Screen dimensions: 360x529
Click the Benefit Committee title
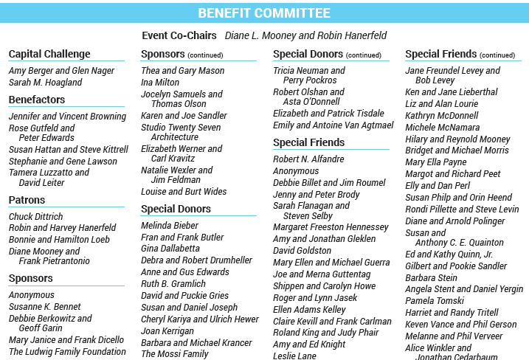point(264,13)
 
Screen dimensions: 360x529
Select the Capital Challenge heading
point(49,54)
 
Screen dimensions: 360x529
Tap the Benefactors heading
point(37,100)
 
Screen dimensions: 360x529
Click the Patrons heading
point(27,200)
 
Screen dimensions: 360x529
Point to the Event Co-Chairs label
point(179,35)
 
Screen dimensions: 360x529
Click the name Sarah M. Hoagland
point(45,83)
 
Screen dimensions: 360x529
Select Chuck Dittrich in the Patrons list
point(35,217)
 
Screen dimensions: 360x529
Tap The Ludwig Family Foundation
point(67,352)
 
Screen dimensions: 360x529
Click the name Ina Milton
point(160,83)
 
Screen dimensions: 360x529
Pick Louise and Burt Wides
point(184,192)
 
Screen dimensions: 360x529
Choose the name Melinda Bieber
point(170,226)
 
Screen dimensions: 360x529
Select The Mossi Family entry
point(175,354)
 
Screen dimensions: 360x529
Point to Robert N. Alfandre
point(308,159)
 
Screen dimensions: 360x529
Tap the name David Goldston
point(302,251)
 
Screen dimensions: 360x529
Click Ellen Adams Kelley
point(309,310)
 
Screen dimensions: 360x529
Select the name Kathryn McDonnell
point(441,116)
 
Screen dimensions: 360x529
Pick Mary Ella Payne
point(436,162)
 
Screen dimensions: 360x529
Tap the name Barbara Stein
point(431,278)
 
